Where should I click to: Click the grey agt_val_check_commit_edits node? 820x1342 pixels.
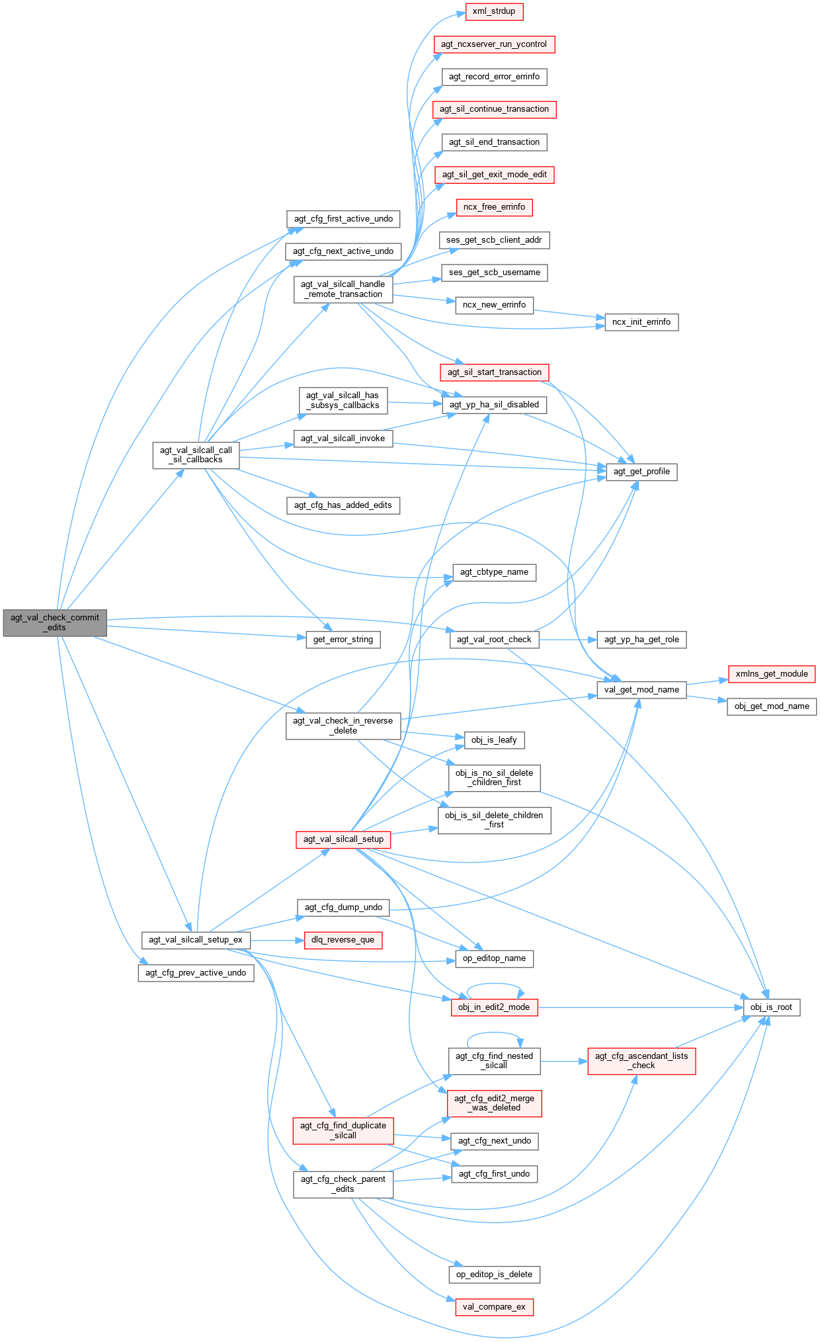(55, 622)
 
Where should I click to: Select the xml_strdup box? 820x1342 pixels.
(494, 11)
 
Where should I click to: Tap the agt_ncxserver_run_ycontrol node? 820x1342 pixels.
(494, 44)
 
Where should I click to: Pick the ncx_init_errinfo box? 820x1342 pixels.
(641, 322)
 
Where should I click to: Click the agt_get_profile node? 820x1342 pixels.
(641, 472)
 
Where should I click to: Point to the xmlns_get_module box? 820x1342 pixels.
(772, 674)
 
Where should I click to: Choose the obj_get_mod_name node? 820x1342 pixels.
(772, 706)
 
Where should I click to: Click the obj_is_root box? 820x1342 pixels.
(771, 1007)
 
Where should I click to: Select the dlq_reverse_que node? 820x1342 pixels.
(343, 940)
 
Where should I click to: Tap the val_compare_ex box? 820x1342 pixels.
(494, 1307)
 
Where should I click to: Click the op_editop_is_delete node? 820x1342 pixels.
(494, 1275)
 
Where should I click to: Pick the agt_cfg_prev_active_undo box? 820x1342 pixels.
(196, 973)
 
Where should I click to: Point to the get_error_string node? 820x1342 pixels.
(343, 640)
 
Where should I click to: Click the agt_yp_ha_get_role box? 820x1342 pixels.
(641, 640)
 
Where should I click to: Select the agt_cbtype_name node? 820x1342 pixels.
(494, 572)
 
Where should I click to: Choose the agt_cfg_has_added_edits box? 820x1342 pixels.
(343, 505)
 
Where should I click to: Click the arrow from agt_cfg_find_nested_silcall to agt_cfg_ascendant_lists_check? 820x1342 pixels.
(563, 1062)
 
